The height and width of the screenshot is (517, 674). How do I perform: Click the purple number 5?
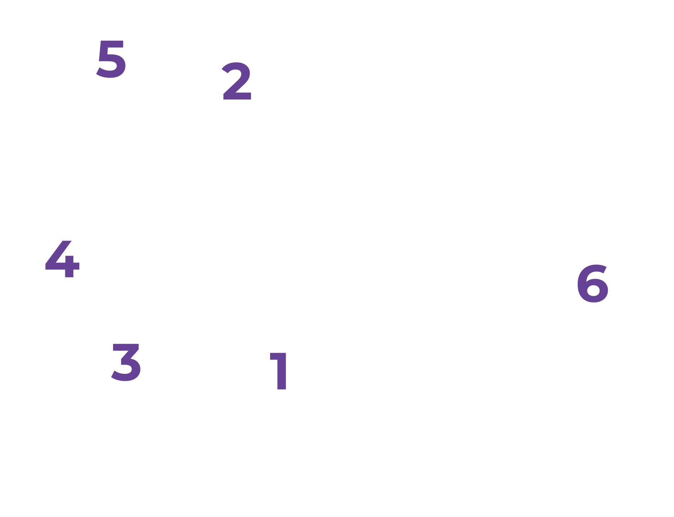click(x=111, y=59)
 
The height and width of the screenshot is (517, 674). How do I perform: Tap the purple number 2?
click(x=237, y=82)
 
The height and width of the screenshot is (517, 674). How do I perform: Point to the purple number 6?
click(x=592, y=284)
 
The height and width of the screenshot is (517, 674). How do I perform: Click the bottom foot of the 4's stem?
click(x=69, y=275)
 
